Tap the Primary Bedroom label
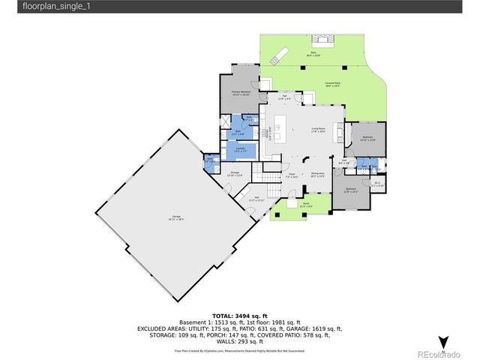(241, 91)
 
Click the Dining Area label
(318, 175)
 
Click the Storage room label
(235, 174)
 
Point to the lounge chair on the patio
(280, 52)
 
